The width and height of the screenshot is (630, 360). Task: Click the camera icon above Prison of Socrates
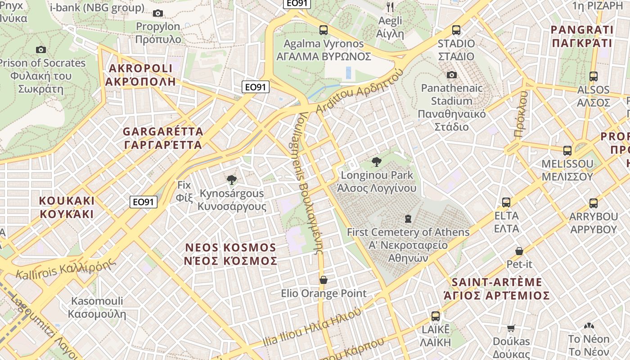tap(41, 49)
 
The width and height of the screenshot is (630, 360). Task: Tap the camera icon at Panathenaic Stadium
tap(452, 75)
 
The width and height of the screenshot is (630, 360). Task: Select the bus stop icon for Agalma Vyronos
tap(323, 30)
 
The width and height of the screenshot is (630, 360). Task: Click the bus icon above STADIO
tap(456, 30)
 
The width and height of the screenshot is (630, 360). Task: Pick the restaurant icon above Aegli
tap(390, 7)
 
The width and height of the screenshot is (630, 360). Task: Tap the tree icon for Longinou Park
tap(376, 162)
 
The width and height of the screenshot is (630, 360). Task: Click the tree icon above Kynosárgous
tap(232, 180)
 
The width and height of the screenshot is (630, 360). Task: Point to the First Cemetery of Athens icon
tap(408, 219)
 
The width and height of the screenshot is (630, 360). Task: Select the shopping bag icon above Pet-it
tap(519, 251)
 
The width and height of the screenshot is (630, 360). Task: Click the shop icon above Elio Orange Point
tap(323, 280)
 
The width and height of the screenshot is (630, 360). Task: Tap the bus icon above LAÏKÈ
tap(435, 316)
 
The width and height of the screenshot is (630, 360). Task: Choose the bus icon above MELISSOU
tap(567, 150)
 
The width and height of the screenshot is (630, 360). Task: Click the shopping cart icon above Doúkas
tap(511, 328)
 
